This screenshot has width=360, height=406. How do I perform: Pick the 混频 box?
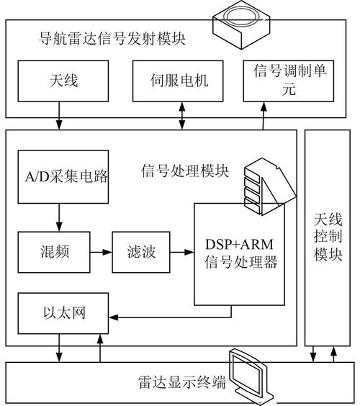tap(53, 253)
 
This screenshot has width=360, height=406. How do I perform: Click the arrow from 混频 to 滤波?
tap(100, 253)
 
